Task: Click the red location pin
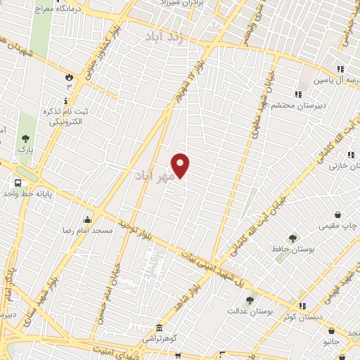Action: (181, 165)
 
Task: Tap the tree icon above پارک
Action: (26, 139)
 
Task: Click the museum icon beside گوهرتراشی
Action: (160, 328)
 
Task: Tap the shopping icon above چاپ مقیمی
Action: (338, 214)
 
